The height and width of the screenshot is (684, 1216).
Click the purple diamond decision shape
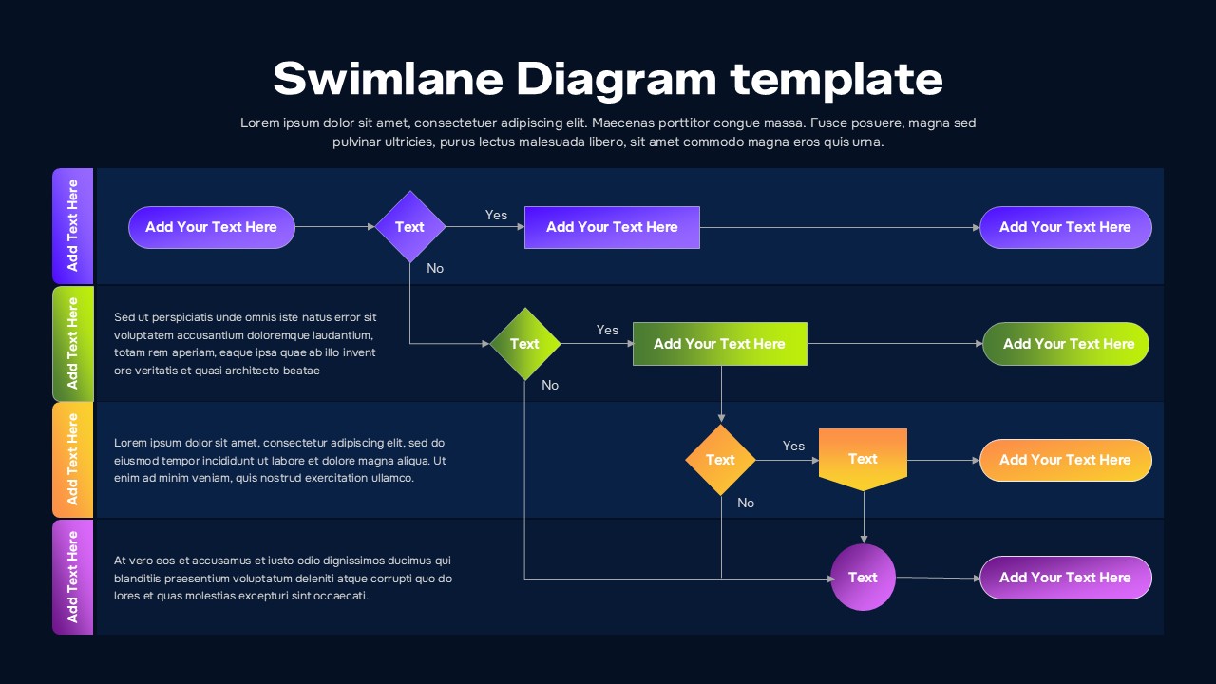click(409, 227)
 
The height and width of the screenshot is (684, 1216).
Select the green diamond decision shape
click(524, 344)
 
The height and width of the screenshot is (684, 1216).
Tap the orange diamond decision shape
click(720, 460)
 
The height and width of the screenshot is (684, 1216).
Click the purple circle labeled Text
click(863, 577)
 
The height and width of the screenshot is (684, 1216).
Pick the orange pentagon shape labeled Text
click(863, 459)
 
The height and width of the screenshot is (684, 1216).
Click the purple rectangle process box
click(612, 227)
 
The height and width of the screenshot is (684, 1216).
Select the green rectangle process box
click(719, 344)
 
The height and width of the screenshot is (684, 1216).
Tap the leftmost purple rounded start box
click(211, 227)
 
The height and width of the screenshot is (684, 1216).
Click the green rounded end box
click(1065, 344)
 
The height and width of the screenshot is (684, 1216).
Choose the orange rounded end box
click(1065, 460)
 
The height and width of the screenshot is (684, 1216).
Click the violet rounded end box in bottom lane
click(1065, 578)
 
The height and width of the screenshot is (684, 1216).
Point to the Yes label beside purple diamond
click(496, 215)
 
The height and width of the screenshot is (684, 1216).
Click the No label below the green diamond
click(550, 385)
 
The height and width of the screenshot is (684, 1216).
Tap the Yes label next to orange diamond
click(793, 446)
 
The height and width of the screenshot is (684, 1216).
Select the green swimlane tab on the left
click(72, 343)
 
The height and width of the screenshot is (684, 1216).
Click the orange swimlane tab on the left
click(72, 460)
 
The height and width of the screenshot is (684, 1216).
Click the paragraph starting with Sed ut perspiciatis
click(245, 344)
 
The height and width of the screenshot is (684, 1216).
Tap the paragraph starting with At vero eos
click(282, 578)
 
